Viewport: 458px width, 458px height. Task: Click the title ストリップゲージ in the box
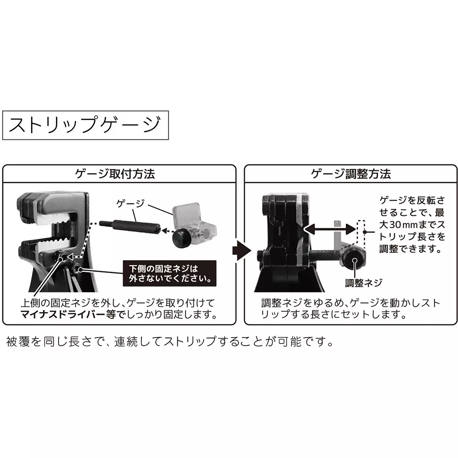click(x=85, y=125)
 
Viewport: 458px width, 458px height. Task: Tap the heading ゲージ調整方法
click(x=351, y=174)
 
